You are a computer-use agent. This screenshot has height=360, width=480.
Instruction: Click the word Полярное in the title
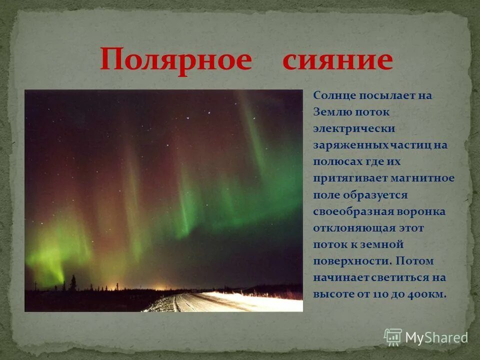pos(175,60)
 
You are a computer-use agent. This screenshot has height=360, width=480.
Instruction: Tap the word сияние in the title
pos(337,60)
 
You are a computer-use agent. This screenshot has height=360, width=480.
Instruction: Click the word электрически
pos(354,128)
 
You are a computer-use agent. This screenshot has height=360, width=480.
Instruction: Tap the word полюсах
pos(334,161)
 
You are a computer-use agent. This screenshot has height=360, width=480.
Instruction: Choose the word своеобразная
pos(353,211)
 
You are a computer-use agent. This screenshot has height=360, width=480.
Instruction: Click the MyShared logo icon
pos(393,337)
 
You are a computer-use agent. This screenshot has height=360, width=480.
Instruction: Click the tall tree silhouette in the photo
pos(73,283)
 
